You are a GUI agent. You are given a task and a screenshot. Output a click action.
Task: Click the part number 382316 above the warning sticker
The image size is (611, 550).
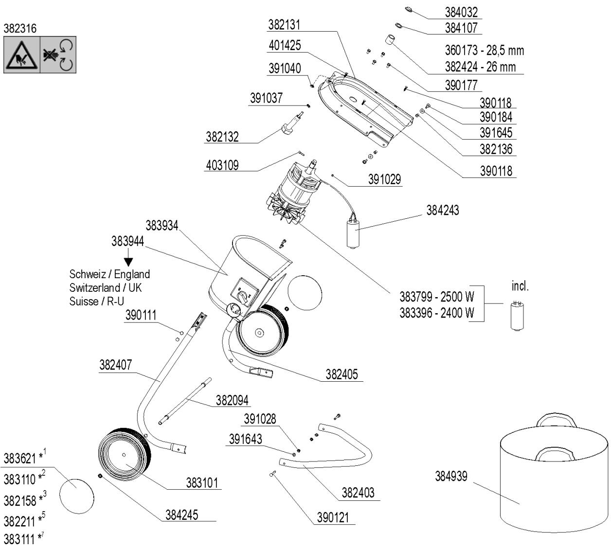coord(20,29)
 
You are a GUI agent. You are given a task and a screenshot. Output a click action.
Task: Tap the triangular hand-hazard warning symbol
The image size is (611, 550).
coord(22,55)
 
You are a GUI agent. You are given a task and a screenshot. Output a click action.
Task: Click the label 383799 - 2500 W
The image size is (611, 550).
coord(436,297)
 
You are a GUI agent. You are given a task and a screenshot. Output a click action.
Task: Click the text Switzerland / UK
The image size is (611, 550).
coord(106,287)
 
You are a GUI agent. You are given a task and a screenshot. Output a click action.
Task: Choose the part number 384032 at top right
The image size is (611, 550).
coord(461,12)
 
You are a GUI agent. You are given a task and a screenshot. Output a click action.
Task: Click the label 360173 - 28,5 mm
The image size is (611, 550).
coord(484,51)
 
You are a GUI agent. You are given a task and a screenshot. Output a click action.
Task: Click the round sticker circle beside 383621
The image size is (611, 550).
coord(76,496)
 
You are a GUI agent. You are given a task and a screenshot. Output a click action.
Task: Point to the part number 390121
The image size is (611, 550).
coord(333,518)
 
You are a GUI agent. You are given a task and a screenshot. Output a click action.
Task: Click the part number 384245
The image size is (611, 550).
coord(181,515)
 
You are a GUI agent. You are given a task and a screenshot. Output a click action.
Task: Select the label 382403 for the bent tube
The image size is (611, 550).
coord(358,493)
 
